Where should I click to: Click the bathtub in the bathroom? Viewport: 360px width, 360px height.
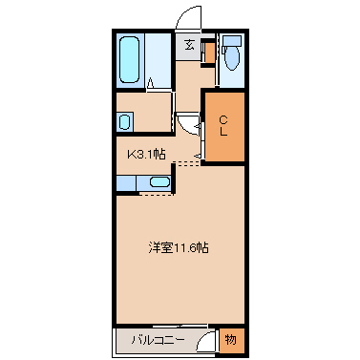click(x=131, y=60)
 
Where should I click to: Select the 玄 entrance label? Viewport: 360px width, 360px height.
click(x=189, y=45)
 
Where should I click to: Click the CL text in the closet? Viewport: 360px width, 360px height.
click(x=223, y=124)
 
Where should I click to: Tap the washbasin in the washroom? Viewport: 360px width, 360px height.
click(x=124, y=122)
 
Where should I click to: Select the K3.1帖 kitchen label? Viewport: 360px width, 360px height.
click(x=145, y=152)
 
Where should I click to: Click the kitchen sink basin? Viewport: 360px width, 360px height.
click(x=159, y=182)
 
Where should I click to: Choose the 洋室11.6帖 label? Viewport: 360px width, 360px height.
click(x=180, y=247)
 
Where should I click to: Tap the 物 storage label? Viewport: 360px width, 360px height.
click(x=230, y=339)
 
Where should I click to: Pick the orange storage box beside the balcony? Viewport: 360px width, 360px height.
click(x=230, y=339)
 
